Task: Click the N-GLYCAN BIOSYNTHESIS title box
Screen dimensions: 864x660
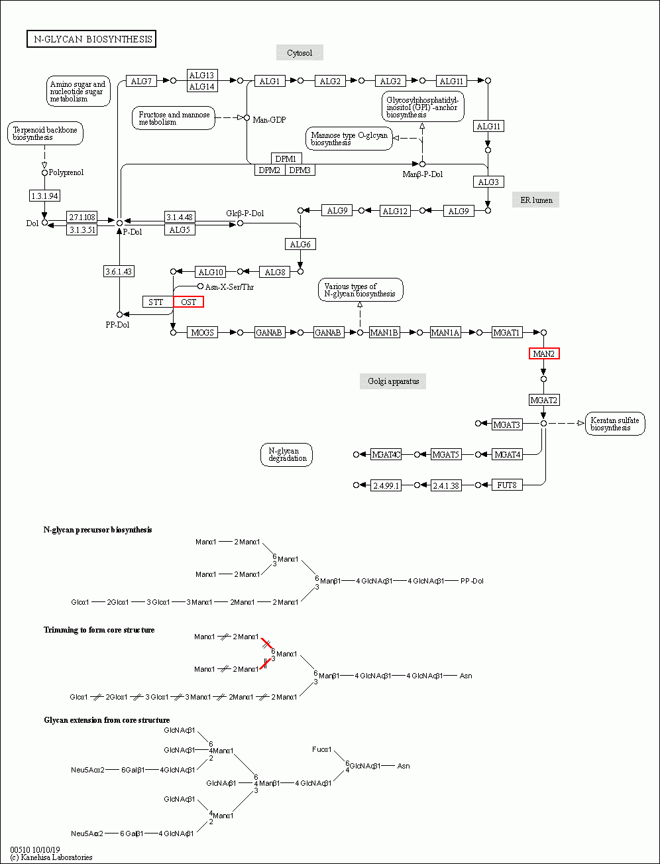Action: click(x=91, y=39)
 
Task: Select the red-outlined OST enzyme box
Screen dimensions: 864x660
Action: click(x=188, y=302)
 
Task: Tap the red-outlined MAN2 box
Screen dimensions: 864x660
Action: click(x=544, y=354)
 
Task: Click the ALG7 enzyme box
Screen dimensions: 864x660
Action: click(x=141, y=81)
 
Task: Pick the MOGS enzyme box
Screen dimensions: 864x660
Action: click(x=202, y=332)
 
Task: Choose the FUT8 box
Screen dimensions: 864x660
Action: click(x=508, y=485)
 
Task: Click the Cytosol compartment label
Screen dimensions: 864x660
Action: click(x=300, y=52)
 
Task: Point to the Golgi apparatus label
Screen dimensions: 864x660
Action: click(x=393, y=381)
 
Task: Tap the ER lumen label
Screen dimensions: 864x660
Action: click(x=535, y=200)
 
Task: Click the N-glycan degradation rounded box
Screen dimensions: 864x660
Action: click(x=286, y=455)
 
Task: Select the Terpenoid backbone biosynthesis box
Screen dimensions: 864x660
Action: click(x=45, y=133)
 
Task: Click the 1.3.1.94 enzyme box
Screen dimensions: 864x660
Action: click(x=45, y=196)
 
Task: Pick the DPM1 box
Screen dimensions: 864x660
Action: click(x=287, y=158)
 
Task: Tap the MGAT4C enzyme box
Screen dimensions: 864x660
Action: click(x=386, y=454)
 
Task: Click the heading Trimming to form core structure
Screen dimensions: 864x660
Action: click(x=99, y=629)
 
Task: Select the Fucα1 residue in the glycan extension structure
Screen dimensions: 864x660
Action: click(x=322, y=749)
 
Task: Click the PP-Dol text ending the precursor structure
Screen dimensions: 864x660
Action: click(x=472, y=581)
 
